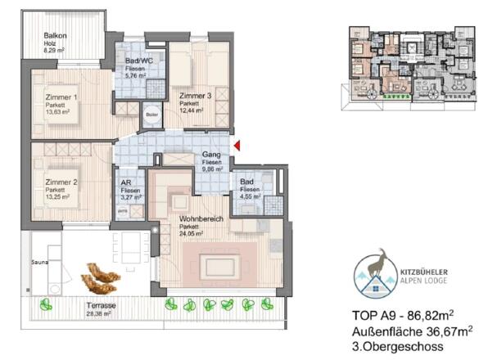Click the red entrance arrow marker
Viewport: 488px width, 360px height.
[237, 146]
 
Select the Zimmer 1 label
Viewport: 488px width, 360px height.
[61, 97]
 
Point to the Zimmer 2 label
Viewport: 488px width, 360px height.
[61, 182]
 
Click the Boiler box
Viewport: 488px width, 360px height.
[151, 115]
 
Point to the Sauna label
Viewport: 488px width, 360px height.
[39, 264]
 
